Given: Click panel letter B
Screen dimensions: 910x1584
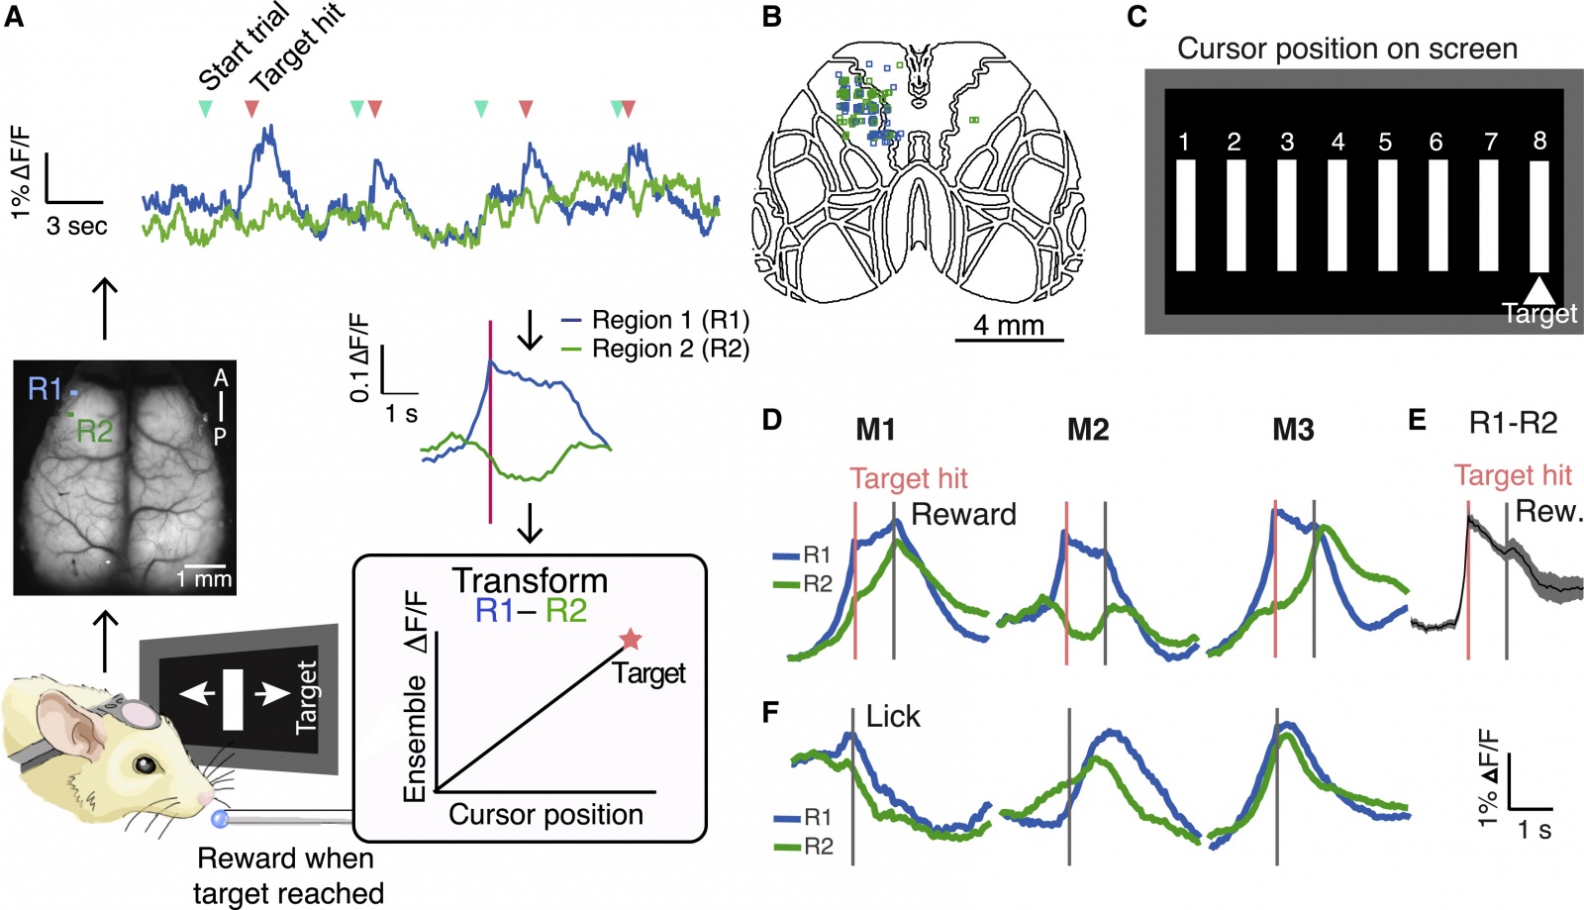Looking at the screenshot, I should (x=772, y=17).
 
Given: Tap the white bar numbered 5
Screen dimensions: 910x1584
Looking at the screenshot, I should (x=1387, y=215).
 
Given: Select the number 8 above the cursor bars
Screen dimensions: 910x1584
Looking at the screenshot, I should (x=1539, y=141).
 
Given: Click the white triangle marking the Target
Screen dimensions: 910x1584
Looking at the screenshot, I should (x=1539, y=289).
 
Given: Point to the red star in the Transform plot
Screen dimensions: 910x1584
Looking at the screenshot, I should (x=630, y=640).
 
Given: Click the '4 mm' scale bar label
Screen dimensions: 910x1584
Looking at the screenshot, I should (x=1008, y=325).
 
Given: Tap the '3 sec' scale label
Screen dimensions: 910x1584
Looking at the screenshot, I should (x=76, y=226).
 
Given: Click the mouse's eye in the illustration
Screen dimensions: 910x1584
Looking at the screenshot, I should (x=146, y=764).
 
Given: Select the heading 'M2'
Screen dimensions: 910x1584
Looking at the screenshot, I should (x=1087, y=430).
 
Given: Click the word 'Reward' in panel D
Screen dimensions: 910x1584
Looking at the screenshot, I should (x=963, y=514).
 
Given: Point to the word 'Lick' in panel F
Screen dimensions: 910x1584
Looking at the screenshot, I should (x=893, y=716).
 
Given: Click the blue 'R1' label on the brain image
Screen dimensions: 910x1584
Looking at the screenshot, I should (x=46, y=389).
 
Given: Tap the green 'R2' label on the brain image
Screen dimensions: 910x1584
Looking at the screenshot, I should (x=95, y=431).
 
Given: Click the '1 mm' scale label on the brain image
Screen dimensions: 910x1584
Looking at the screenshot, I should (x=204, y=578).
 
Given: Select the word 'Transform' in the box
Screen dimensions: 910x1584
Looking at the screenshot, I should (x=530, y=580).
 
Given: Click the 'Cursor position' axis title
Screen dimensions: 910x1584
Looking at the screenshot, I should (x=545, y=814).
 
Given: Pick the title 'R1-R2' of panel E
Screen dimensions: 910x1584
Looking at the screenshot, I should (x=1513, y=423).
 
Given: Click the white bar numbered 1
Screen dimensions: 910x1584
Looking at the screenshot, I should (x=1185, y=215).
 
